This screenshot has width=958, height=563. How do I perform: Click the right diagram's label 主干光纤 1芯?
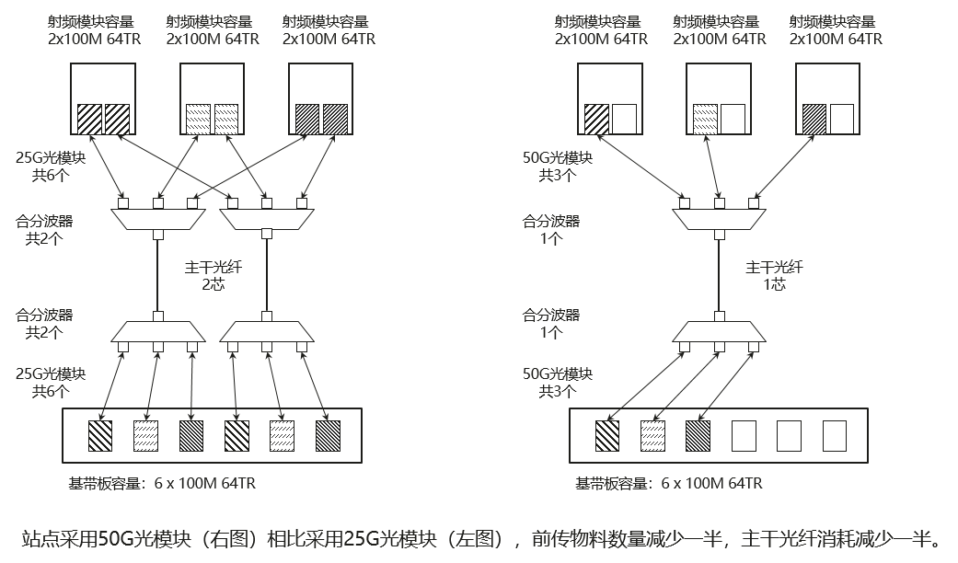click(774, 276)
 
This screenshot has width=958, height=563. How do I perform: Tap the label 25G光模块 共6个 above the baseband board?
click(52, 382)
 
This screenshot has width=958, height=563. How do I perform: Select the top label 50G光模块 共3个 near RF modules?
click(558, 167)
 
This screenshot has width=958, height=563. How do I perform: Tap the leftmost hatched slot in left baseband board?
click(99, 434)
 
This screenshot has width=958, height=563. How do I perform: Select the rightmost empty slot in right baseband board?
click(834, 434)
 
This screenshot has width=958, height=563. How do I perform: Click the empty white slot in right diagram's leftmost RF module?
click(624, 118)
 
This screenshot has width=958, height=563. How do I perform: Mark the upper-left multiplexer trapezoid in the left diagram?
click(157, 218)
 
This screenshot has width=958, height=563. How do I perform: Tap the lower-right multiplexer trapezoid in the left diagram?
click(267, 332)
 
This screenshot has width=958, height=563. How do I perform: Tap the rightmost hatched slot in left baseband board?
click(328, 434)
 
